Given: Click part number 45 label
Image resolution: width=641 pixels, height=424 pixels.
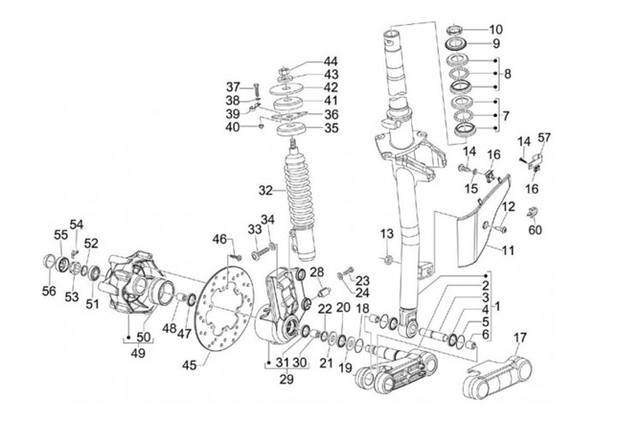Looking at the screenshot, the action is pos(190,364).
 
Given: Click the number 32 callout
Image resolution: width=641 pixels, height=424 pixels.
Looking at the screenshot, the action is pos(265,191).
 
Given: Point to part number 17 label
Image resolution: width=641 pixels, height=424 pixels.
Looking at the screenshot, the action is pos(520,338).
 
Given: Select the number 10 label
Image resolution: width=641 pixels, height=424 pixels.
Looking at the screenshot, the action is pos(496,29).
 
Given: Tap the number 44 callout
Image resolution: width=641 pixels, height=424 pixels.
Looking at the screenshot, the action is pos(330,61).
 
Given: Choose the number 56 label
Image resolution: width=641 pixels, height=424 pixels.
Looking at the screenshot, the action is pos(49,290).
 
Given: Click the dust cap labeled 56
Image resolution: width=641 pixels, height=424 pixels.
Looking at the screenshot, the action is pos(49,262).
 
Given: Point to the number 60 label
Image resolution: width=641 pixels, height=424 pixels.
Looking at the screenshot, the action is pos(535,230).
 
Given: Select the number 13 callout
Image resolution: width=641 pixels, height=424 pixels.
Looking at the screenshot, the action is pos(386,234).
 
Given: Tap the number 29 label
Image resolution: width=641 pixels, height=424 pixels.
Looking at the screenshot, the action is pos(286,379).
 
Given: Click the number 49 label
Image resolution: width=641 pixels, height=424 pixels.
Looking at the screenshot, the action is pos(138,353).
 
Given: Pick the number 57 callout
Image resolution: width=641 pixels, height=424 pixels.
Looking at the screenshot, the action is pos(544,137).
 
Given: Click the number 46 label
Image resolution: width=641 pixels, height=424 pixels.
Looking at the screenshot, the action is pos(219,240).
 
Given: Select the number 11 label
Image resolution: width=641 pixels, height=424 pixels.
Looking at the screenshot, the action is pos(507,249).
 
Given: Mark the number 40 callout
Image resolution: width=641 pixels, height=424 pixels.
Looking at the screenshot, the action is pos(232,127).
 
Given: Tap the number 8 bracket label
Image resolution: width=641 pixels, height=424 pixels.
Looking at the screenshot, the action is pos(507,74).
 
